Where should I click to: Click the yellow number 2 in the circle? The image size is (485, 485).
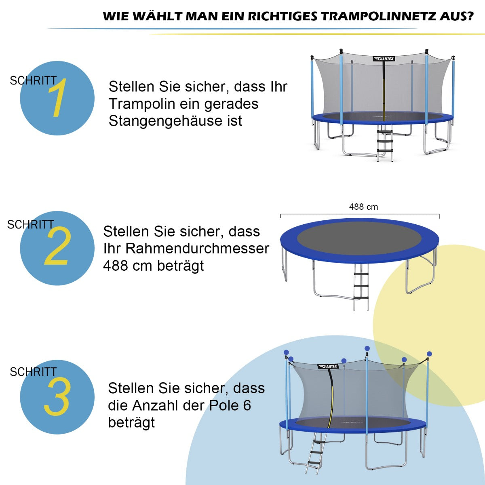pos(57,247)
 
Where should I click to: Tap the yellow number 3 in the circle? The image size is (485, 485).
pos(57,397)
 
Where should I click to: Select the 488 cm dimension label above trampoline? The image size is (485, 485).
pos(363,207)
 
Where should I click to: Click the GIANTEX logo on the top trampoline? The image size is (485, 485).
pos(384,59)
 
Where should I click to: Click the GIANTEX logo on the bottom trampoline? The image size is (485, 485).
pos(328,367)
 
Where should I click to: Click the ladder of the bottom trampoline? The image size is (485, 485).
pos(316,453)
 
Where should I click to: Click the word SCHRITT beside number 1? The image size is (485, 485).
pos(33,81)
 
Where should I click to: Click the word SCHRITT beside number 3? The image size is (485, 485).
pos(33,372)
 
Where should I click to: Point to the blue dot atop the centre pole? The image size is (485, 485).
pos(367,348)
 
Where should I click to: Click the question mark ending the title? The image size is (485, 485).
pos(469,17)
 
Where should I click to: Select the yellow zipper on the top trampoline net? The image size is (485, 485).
pos(384,97)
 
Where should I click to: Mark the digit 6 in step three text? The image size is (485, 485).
pos(247,405)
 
